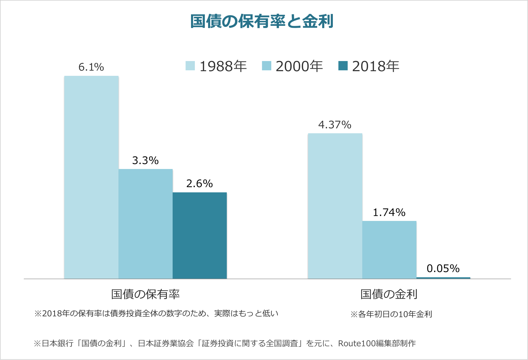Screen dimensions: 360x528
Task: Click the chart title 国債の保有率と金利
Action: pos(262,21)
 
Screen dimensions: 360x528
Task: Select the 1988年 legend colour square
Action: pos(190,66)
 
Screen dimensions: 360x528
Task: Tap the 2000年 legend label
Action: pos(299,66)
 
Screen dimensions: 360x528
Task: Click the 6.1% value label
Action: pos(91,67)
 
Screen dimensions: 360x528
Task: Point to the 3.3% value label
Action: pos(145,160)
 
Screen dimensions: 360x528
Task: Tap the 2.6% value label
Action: pos(200,184)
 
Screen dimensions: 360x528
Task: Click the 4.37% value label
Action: pos(335,125)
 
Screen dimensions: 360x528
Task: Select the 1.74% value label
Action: pos(389,212)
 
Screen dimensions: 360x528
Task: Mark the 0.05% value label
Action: pos(443,268)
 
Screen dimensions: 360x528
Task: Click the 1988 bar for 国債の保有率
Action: pos(91,177)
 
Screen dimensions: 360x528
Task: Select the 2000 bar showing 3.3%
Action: pos(145,224)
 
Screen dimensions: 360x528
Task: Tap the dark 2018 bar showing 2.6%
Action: pos(200,236)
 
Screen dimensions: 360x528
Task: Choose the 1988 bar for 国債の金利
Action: pos(335,206)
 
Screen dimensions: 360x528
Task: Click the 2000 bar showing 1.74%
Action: pos(389,250)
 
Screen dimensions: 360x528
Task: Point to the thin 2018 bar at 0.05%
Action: pos(443,278)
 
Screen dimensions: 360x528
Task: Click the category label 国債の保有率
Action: pos(145,294)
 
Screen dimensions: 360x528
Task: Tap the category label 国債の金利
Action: pos(389,294)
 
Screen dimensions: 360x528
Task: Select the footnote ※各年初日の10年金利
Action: pos(391,314)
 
